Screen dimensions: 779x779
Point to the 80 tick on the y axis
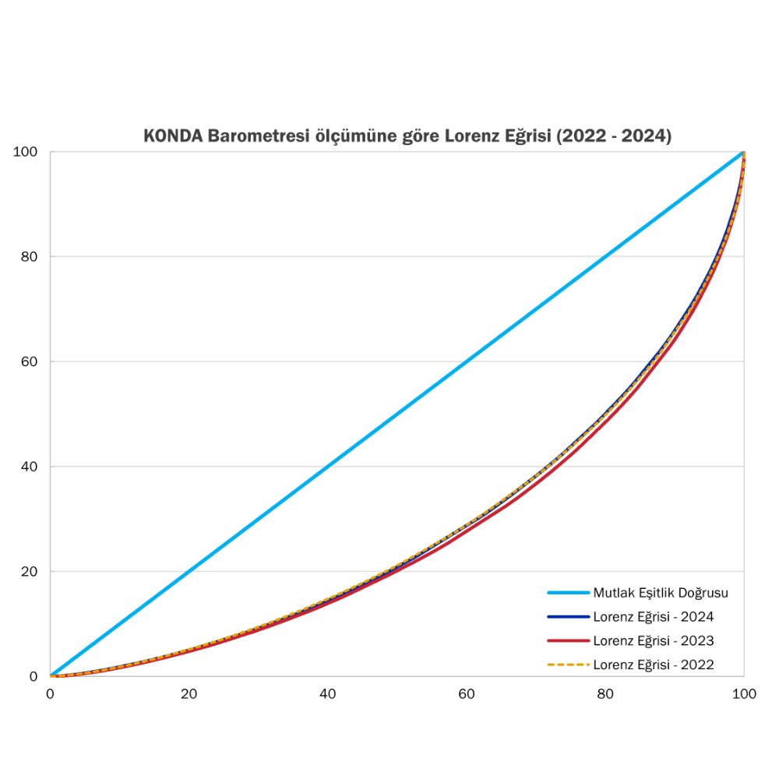[29, 257]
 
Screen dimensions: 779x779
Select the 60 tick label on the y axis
[29, 361]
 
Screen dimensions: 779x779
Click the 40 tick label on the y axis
[29, 467]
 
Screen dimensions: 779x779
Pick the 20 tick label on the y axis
[29, 572]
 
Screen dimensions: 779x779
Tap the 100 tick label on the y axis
[26, 152]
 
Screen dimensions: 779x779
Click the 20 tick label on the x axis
[189, 693]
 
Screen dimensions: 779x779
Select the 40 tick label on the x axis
[328, 693]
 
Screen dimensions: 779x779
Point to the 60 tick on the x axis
[467, 693]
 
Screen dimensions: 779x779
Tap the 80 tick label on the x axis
[605, 693]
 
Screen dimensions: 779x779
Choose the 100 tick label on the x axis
[744, 693]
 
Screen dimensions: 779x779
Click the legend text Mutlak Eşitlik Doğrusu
[661, 593]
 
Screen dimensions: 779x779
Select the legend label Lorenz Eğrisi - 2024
[654, 617]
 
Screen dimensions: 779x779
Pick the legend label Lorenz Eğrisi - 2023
[654, 641]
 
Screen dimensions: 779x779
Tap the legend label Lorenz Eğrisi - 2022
[654, 665]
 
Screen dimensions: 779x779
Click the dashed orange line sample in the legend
[568, 665]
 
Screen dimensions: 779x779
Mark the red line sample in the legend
[568, 641]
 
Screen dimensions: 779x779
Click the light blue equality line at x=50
[397, 414]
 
